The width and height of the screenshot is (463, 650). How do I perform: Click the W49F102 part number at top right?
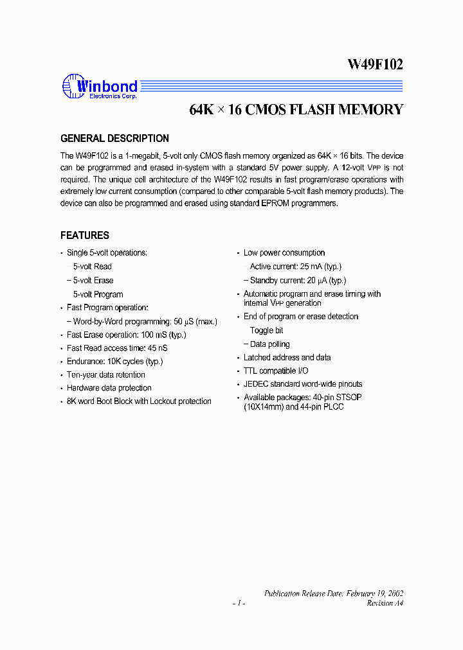point(376,64)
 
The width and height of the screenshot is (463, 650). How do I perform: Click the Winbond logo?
point(100,88)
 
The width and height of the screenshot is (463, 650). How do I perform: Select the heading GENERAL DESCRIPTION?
point(114,139)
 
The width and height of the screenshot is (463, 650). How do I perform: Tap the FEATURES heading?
point(85,236)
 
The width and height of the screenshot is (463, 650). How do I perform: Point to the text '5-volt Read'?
point(92,267)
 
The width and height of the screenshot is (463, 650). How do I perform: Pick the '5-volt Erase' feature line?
point(93,281)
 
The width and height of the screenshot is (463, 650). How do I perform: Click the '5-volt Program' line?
point(98,294)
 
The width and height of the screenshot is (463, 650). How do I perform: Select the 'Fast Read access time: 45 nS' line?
point(117,348)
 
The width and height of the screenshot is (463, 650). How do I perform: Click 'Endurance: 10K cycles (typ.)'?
point(114,362)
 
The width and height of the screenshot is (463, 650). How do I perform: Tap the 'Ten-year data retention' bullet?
point(105,375)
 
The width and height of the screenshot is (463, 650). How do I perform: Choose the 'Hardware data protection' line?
point(109,388)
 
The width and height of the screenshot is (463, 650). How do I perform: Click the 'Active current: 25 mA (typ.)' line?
point(295,267)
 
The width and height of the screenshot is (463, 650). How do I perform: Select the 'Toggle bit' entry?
point(266,331)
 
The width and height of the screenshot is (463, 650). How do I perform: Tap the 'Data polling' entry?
point(269,345)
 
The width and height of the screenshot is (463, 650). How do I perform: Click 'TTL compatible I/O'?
point(275,371)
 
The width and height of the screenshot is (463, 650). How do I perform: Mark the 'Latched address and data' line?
point(287,358)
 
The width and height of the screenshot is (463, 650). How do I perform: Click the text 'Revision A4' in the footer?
point(385,604)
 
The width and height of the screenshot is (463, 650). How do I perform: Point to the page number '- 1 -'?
point(239,604)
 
